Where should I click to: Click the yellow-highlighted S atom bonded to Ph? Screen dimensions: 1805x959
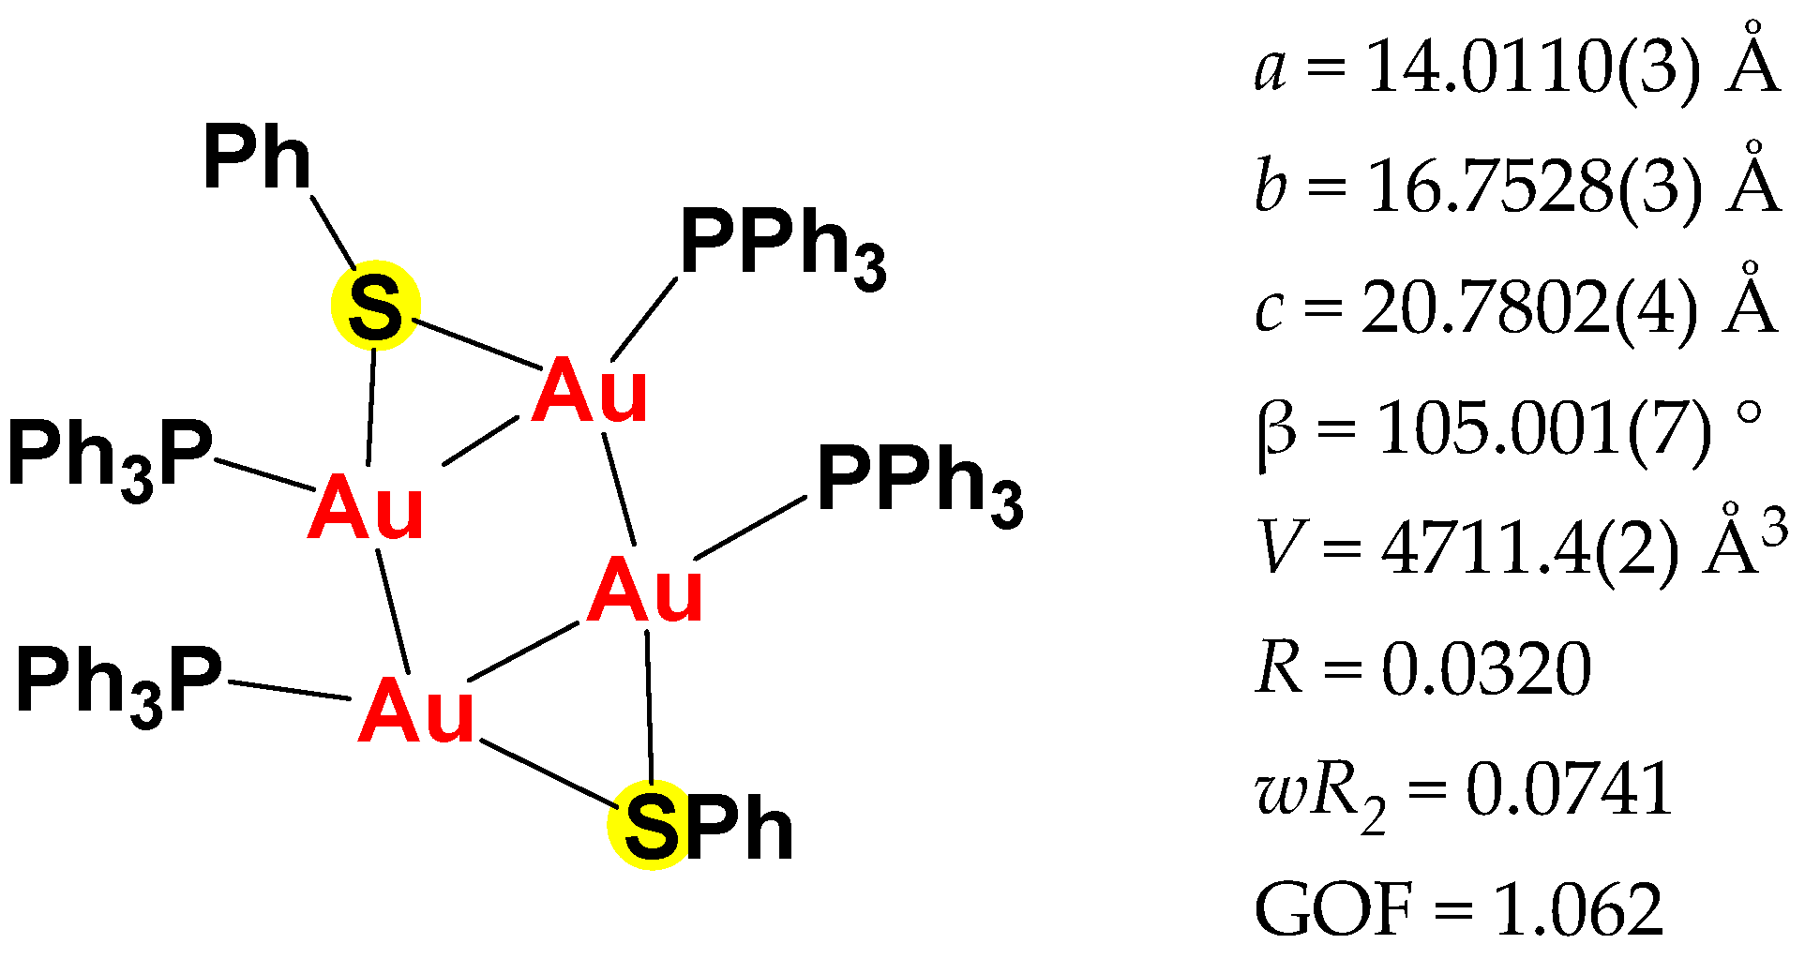(375, 306)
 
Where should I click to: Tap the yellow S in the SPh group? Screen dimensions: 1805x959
(651, 825)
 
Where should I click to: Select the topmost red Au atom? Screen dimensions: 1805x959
(590, 391)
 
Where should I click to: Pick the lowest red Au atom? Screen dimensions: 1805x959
(416, 712)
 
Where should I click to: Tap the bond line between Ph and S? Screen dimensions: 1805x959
(334, 232)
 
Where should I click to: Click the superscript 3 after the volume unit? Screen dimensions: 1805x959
(1773, 531)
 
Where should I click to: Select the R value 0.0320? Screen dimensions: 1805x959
(1486, 669)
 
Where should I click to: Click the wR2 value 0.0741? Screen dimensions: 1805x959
(1570, 789)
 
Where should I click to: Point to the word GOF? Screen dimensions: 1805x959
(1333, 908)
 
